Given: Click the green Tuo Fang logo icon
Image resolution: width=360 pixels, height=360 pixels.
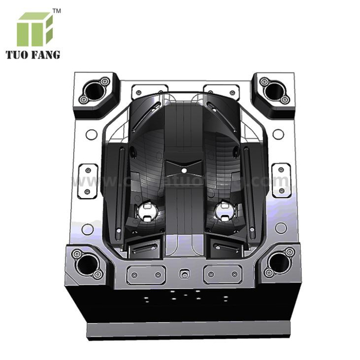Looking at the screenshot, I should pyautogui.click(x=35, y=29).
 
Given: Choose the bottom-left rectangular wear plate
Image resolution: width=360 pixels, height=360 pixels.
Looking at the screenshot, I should pyautogui.click(x=146, y=274).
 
